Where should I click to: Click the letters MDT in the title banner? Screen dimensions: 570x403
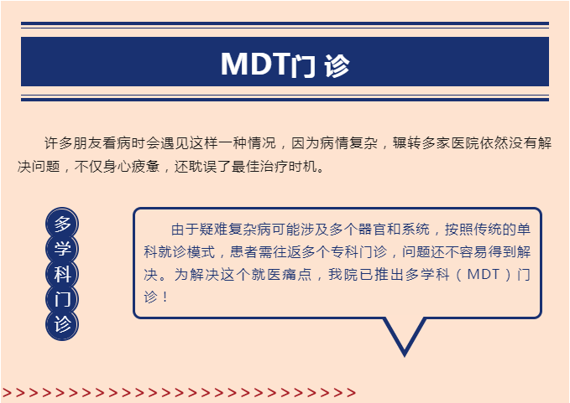255,64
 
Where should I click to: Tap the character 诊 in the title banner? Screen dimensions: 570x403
337,65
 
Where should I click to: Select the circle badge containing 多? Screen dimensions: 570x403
62,224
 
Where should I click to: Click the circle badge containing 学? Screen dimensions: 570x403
62,249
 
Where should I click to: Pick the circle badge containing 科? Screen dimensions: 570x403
62,274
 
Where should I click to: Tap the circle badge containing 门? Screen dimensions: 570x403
62,299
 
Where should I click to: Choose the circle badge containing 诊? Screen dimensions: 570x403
62,324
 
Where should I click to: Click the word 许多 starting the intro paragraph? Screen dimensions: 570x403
58,143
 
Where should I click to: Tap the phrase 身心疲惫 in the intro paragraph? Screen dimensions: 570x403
131,167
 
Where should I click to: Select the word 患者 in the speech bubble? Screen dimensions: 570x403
244,251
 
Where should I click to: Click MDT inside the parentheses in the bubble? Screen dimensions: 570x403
484,274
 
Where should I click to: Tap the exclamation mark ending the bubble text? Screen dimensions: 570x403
165,297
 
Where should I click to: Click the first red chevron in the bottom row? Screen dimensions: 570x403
8,392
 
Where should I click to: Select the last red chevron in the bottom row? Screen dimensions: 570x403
351,392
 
